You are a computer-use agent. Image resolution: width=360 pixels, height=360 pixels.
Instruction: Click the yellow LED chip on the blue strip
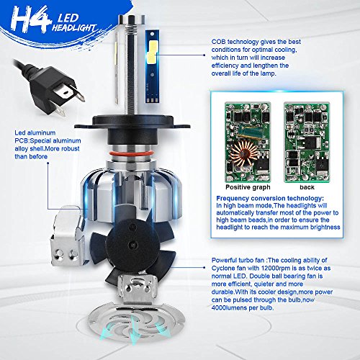pyautogui.click(x=153, y=51)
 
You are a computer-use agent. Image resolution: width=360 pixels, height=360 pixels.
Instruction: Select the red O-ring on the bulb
pyautogui.click(x=131, y=153)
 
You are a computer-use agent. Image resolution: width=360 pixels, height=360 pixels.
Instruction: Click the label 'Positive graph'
pyautogui.click(x=248, y=187)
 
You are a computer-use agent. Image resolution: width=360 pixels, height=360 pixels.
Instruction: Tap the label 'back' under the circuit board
pyautogui.click(x=307, y=187)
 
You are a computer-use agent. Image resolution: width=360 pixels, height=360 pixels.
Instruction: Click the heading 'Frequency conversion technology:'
pyautogui.click(x=270, y=198)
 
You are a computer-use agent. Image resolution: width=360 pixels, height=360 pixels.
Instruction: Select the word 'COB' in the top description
pyautogui.click(x=218, y=42)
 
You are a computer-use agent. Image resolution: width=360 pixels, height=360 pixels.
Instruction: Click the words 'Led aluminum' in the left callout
pyautogui.click(x=35, y=132)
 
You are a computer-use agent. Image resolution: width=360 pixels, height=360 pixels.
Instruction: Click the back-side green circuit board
pyautogui.click(x=307, y=142)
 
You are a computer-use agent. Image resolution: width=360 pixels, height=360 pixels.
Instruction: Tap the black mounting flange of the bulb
pyautogui.click(x=132, y=122)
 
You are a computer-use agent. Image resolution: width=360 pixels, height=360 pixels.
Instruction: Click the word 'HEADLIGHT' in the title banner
pyautogui.click(x=75, y=28)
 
